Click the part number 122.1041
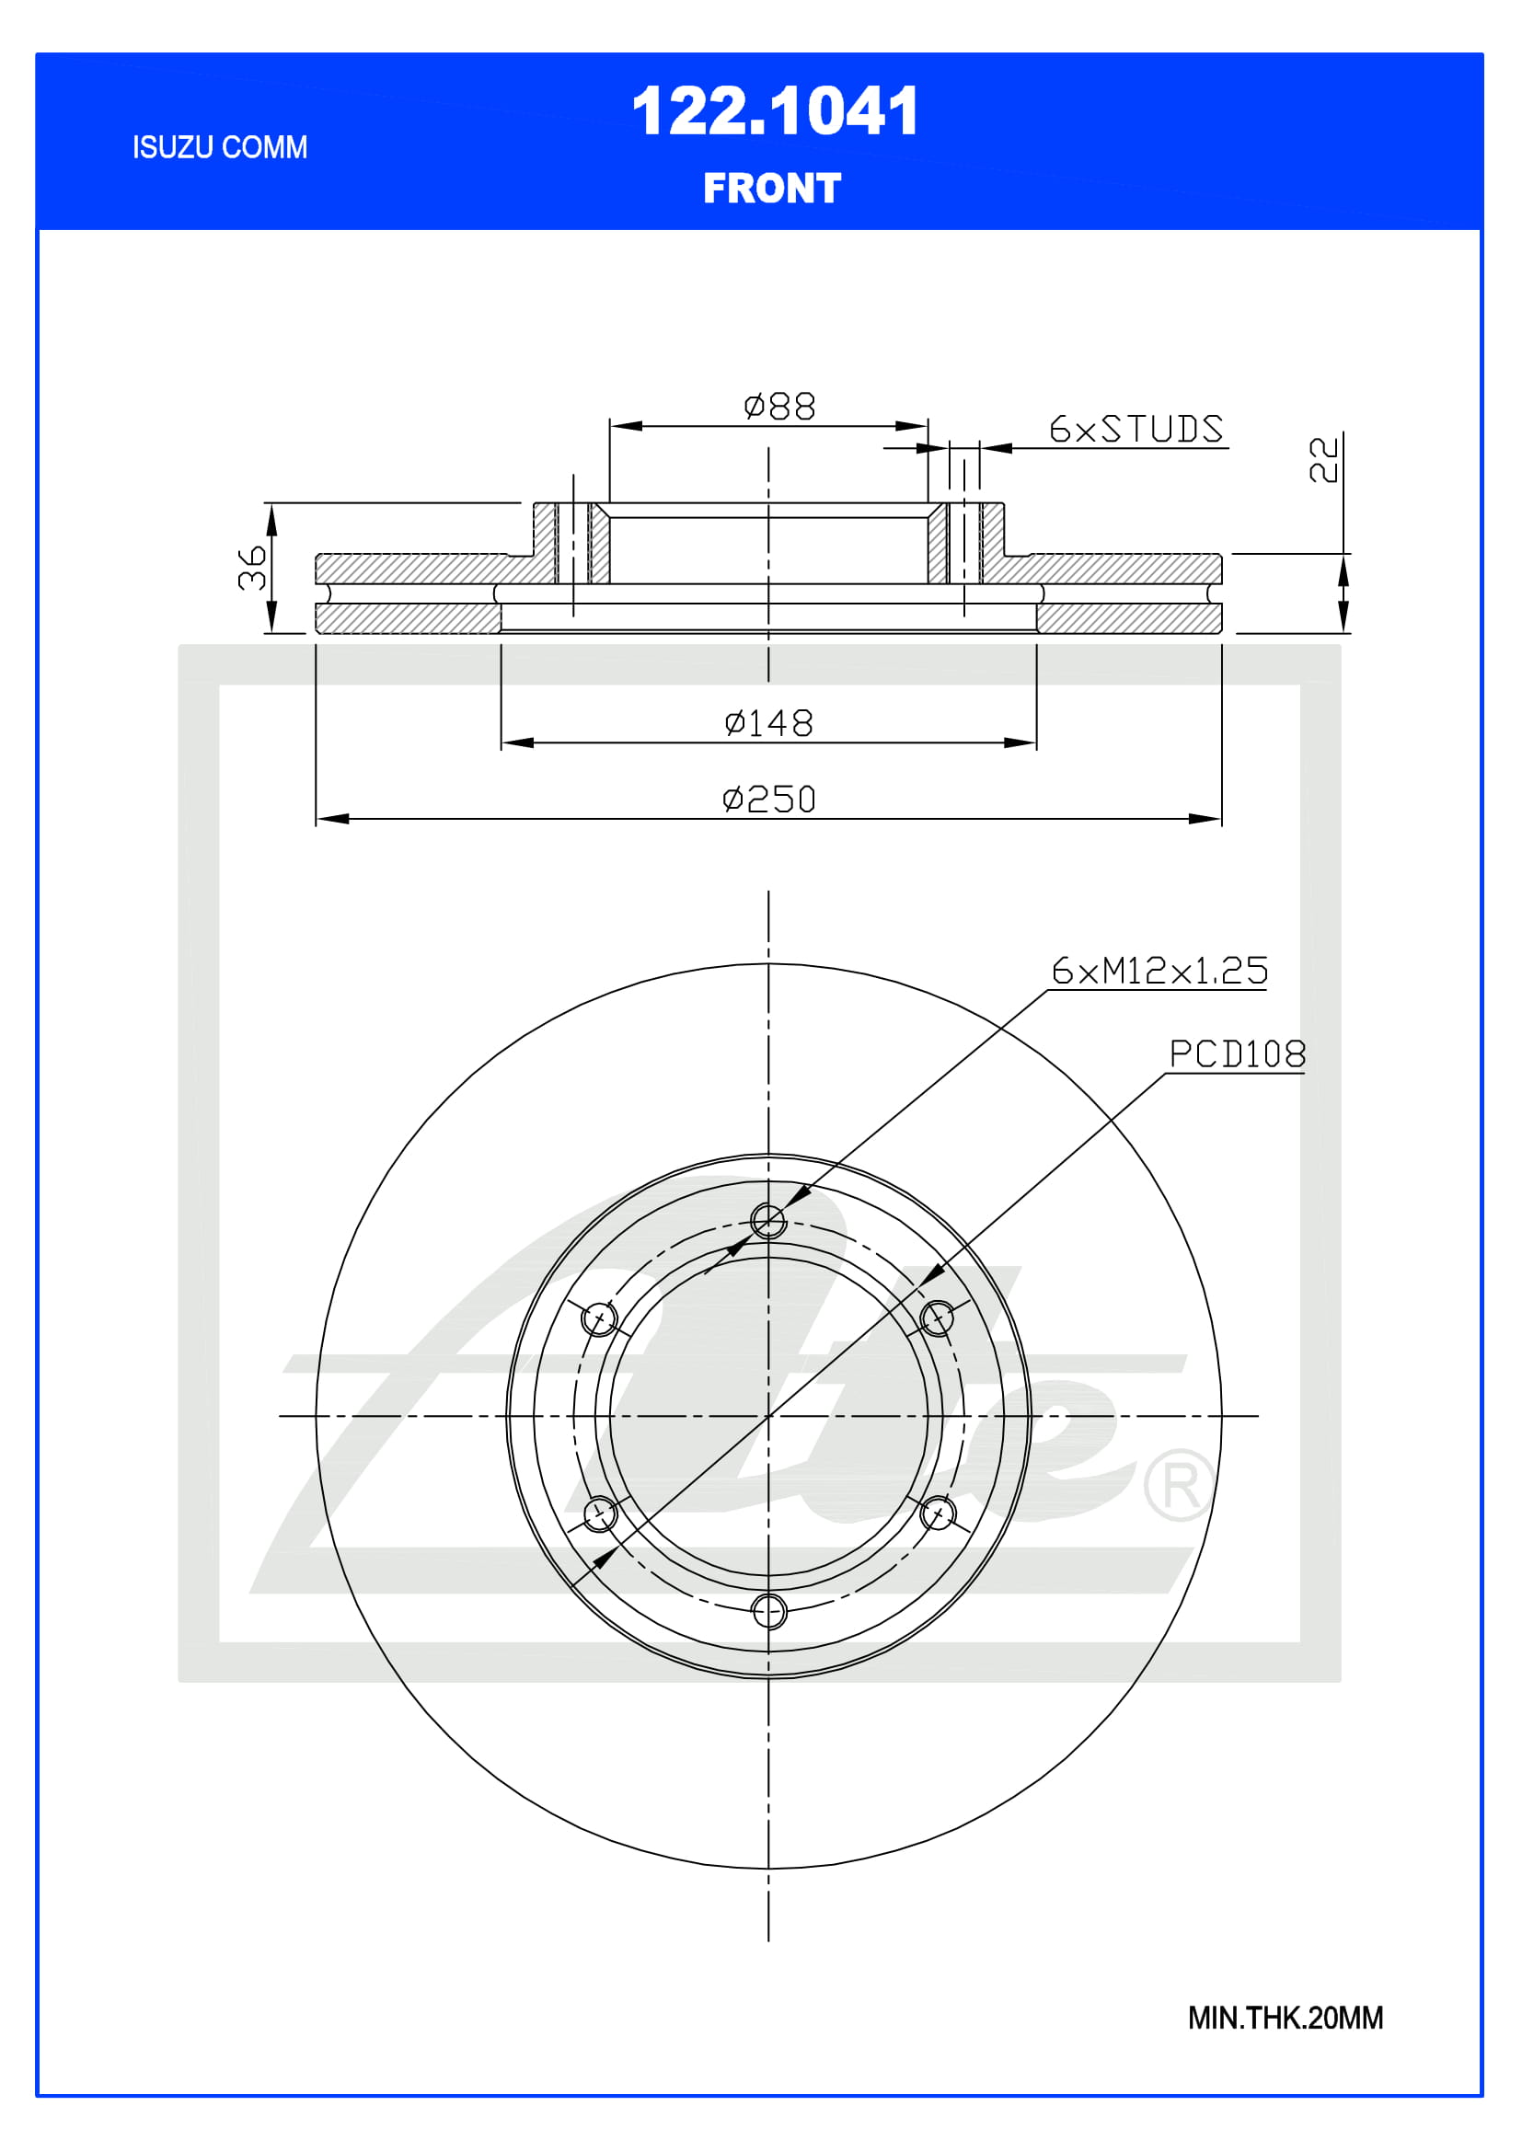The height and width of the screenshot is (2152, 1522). click(775, 111)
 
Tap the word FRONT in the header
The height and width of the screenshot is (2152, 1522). click(772, 189)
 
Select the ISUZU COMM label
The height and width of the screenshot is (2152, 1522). click(219, 147)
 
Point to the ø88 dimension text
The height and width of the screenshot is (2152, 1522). click(778, 407)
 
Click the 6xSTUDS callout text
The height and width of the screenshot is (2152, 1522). click(1136, 430)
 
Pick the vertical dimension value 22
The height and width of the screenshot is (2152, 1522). click(1323, 459)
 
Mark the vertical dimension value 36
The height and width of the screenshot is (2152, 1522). click(252, 568)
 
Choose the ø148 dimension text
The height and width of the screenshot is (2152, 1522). click(768, 722)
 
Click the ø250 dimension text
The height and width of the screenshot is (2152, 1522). click(768, 800)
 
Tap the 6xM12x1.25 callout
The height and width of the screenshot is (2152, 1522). click(1159, 971)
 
